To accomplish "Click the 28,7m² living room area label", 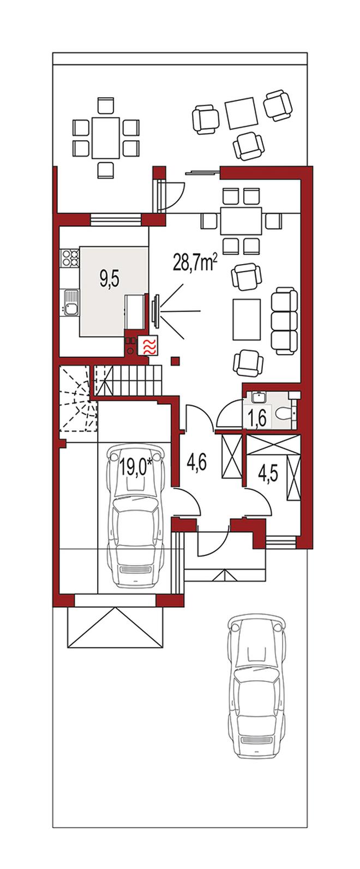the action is point(194,263).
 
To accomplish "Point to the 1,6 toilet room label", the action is point(257,418).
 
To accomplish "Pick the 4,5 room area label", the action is point(268,474).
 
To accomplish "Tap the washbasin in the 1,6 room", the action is point(257,397).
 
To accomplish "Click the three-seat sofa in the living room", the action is point(284,320).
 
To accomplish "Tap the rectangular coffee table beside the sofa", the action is point(247,319).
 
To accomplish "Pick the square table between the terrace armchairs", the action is point(242,113).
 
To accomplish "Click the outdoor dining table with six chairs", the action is point(105,137).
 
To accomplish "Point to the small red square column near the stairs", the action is point(176,361).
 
